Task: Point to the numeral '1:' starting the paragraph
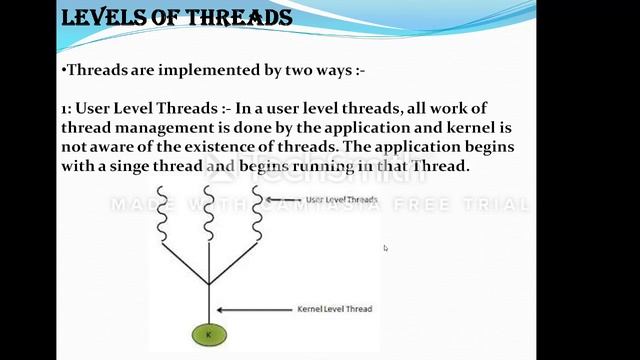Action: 67,107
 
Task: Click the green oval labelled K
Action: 209,335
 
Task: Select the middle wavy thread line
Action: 208,210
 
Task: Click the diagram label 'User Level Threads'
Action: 340,200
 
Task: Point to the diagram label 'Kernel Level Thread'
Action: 335,309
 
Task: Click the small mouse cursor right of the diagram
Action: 385,248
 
